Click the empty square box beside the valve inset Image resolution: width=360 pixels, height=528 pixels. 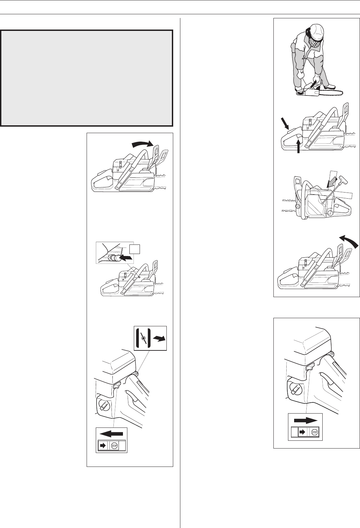click(x=134, y=249)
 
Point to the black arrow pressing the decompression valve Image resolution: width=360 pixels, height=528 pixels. click(x=126, y=258)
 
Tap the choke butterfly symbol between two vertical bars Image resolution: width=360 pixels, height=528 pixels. click(x=143, y=338)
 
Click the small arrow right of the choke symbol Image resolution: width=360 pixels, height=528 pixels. click(x=159, y=339)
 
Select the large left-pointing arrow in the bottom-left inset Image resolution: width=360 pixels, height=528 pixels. click(x=111, y=434)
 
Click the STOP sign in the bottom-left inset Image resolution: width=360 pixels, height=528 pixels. click(x=114, y=446)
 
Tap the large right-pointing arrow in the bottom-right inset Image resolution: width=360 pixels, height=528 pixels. click(x=306, y=420)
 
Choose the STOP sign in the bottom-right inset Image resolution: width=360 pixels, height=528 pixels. click(x=314, y=432)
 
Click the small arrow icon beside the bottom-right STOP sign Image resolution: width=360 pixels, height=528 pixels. click(x=302, y=432)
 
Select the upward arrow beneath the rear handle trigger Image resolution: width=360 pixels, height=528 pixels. click(x=299, y=146)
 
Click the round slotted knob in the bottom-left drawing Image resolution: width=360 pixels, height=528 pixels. click(x=103, y=405)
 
